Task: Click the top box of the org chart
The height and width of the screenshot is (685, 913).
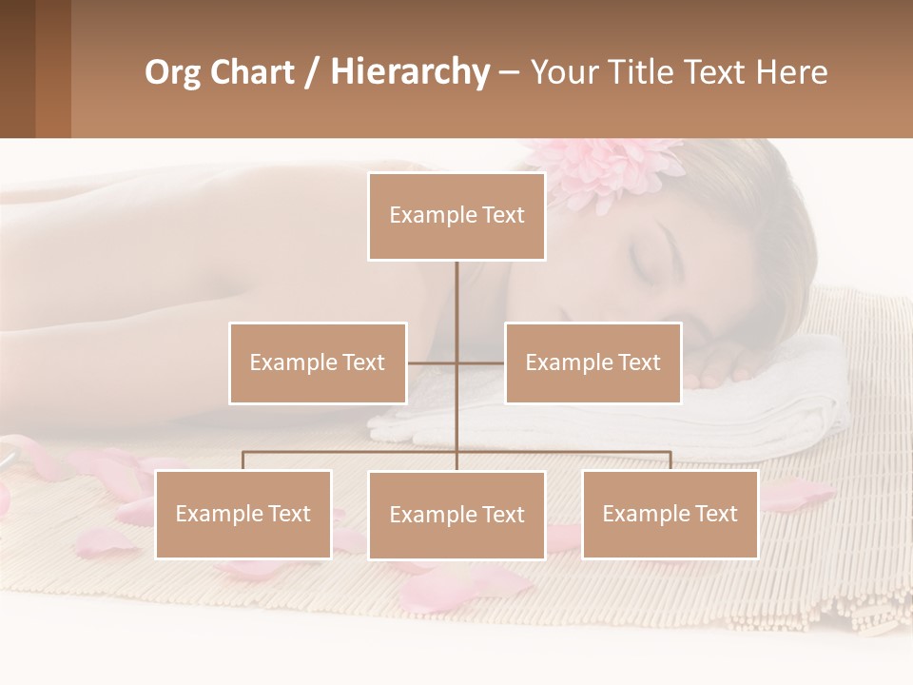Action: pyautogui.click(x=456, y=216)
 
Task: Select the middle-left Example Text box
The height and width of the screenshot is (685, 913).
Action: pyautogui.click(x=318, y=362)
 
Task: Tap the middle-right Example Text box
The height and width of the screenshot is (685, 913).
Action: pyautogui.click(x=592, y=362)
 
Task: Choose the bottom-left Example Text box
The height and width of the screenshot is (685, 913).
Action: pyautogui.click(x=243, y=514)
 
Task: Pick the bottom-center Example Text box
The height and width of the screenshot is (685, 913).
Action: pyautogui.click(x=456, y=515)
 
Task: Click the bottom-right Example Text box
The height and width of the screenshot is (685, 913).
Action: pyautogui.click(x=670, y=514)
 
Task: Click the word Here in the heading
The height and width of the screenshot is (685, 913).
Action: pyautogui.click(x=791, y=72)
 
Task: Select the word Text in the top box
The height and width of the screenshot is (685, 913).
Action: pyautogui.click(x=503, y=216)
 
